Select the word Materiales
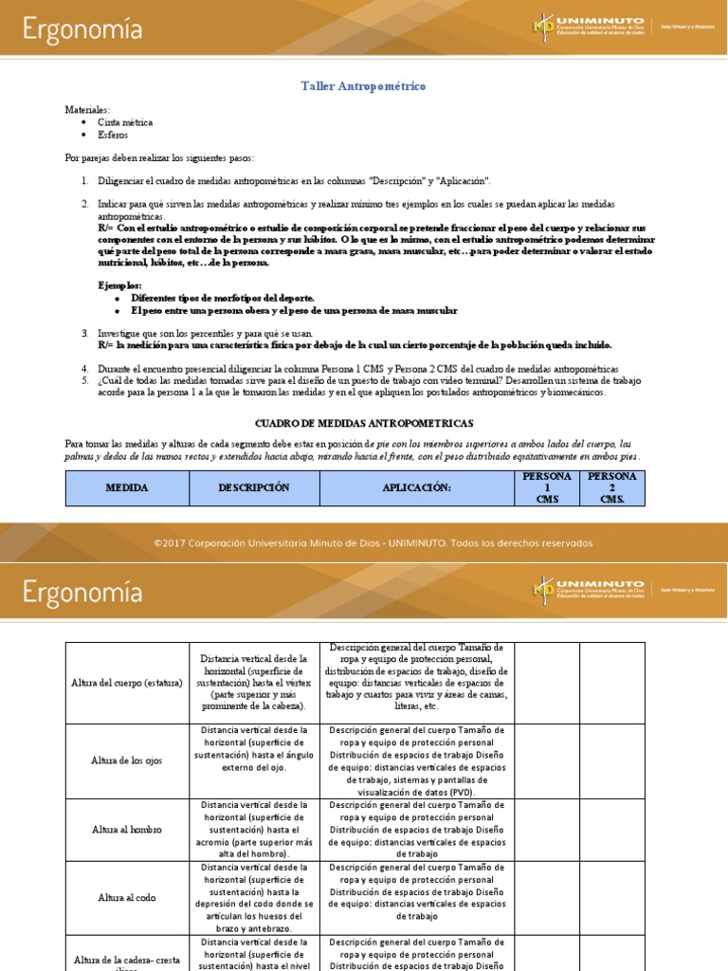[87, 110]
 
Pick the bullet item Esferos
[111, 135]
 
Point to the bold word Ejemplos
[120, 285]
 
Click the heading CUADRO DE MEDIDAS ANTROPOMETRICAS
[364, 422]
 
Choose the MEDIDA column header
[127, 487]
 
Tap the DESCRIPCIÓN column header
[253, 487]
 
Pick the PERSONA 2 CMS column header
[611, 487]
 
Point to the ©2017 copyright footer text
[373, 543]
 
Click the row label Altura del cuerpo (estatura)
[127, 683]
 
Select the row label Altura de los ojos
[127, 760]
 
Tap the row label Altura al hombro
[127, 829]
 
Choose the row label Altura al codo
[127, 897]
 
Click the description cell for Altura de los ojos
[253, 760]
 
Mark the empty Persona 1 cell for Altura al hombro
[546, 829]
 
